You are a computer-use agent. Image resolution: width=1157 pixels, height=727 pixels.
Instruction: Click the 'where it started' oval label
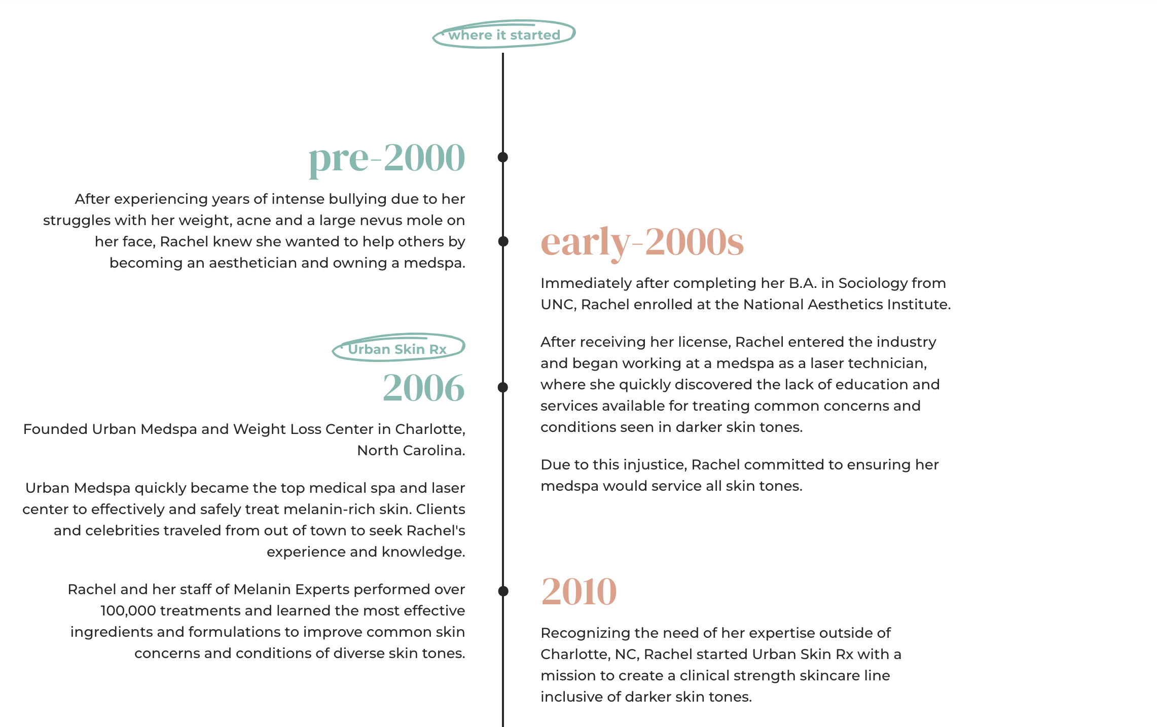(504, 34)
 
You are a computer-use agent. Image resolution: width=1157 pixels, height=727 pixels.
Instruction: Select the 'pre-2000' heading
(386, 158)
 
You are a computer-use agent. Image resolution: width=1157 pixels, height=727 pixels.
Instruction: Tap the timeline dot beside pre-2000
(503, 157)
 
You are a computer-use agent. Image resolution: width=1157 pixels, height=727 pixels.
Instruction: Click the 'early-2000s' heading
(642, 242)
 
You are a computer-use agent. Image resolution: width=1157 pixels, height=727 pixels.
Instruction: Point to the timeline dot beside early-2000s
(503, 241)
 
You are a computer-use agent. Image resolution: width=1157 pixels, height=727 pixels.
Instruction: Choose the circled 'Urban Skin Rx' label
(397, 349)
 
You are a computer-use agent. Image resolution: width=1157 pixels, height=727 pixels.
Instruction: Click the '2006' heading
(423, 388)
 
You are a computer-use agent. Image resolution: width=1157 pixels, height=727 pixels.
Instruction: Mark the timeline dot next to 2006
(503, 387)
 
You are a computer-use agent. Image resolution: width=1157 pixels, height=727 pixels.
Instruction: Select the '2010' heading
(578, 592)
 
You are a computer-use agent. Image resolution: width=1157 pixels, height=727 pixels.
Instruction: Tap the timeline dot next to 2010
(503, 591)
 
